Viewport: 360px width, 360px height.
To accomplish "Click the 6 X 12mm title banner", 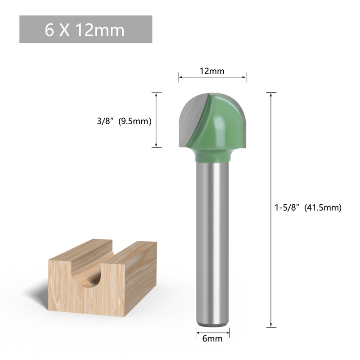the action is point(85,29).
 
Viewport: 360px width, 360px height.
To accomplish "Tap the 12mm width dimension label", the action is point(212,71).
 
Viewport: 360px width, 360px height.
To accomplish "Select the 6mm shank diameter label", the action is point(212,339).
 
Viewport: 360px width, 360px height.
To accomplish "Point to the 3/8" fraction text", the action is point(106,121).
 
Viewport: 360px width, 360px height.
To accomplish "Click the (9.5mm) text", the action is point(135,121).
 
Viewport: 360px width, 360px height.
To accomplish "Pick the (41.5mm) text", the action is point(323,207).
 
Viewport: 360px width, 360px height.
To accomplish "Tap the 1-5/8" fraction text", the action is point(288,207).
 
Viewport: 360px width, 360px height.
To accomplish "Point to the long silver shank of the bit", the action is point(212,243).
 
